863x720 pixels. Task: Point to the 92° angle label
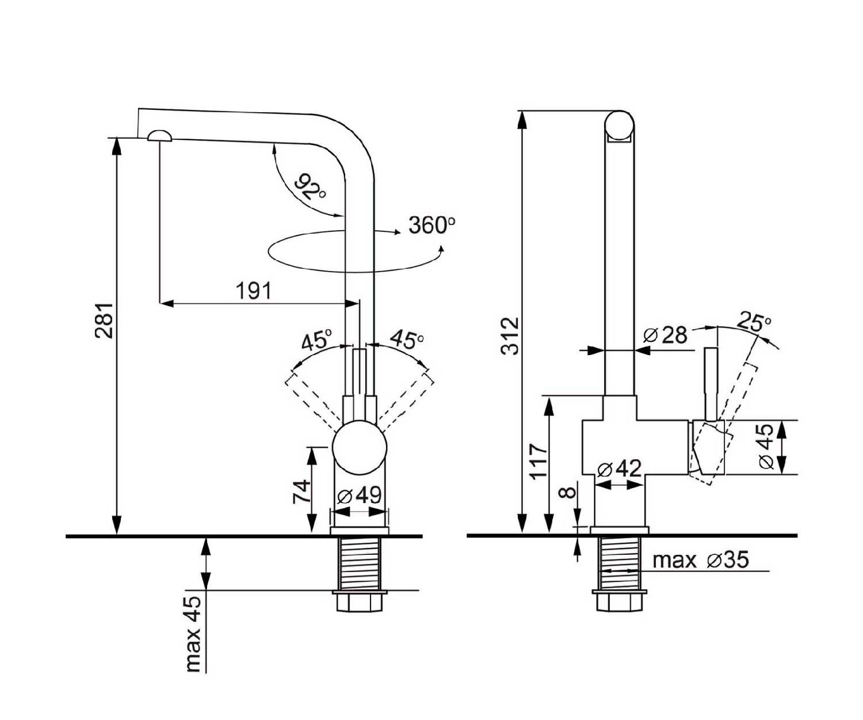pos(311,187)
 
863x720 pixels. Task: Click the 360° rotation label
pos(432,225)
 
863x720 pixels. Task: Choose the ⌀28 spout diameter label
pos(666,335)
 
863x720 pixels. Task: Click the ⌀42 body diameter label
pos(620,468)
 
